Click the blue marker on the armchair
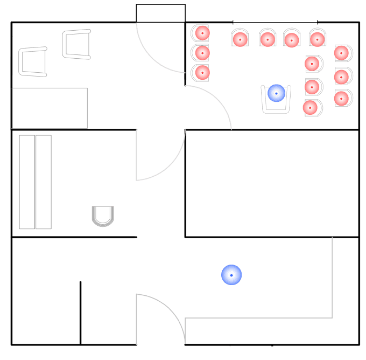coord(277,93)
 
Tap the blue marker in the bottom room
coord(231,275)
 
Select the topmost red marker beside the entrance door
coord(202,33)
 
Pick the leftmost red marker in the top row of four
coord(240,39)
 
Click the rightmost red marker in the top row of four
coord(317,39)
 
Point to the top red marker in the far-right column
coord(341,53)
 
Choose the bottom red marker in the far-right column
coord(341,98)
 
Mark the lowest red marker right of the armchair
coord(311,107)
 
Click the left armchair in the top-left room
coord(33,61)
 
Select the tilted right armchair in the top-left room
coord(77,44)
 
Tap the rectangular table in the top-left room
coord(50,108)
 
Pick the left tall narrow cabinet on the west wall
coord(27,182)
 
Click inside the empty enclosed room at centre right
coord(272,183)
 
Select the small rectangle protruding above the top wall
coord(160,13)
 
